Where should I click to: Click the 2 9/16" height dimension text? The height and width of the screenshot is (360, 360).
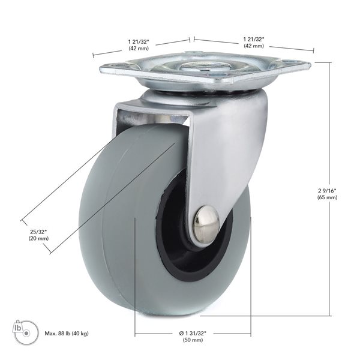(327, 190)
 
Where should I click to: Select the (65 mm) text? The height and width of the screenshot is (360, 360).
(327, 197)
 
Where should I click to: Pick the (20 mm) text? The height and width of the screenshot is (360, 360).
(37, 239)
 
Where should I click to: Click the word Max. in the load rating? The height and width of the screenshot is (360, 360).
(50, 334)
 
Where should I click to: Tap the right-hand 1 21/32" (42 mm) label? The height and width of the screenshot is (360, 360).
(254, 42)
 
